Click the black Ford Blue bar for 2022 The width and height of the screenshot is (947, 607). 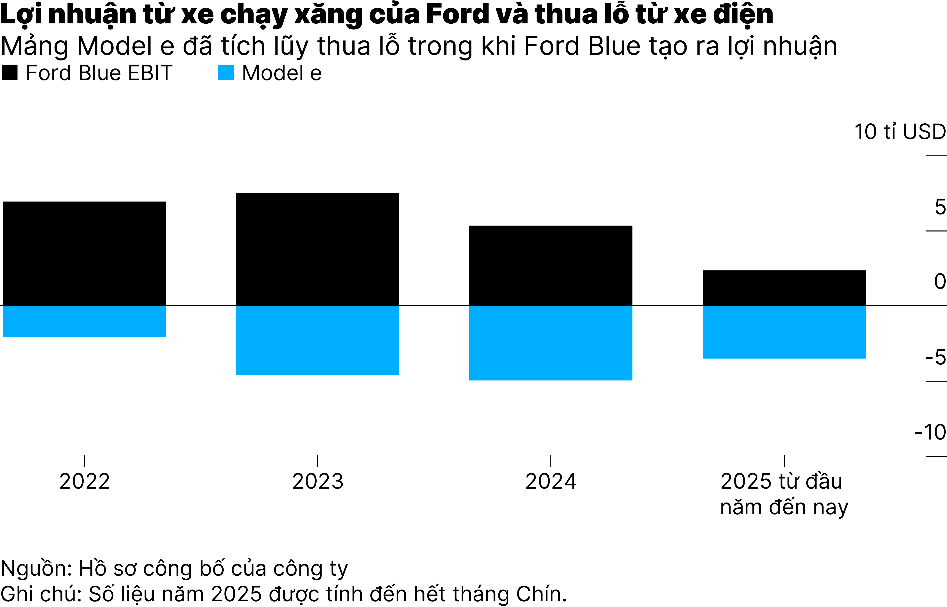[x=85, y=253]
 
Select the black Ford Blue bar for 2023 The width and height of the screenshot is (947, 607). [x=317, y=249]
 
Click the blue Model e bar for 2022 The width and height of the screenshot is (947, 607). [x=85, y=321]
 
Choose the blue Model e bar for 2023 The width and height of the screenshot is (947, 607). [x=317, y=340]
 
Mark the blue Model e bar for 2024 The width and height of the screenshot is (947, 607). [x=551, y=343]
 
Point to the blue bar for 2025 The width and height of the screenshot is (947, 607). [x=784, y=332]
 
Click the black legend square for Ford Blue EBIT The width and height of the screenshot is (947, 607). [x=10, y=73]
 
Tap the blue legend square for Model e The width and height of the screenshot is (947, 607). [x=226, y=73]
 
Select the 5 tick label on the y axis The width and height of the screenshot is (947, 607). [x=940, y=207]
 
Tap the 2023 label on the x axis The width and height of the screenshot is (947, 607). [x=318, y=481]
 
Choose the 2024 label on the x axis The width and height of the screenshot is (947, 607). [x=551, y=481]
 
